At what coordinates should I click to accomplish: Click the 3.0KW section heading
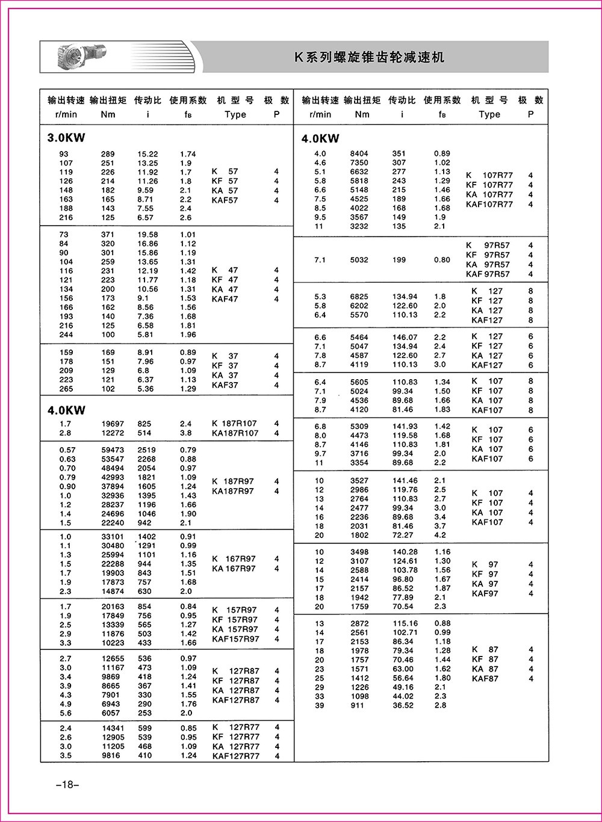click(66, 137)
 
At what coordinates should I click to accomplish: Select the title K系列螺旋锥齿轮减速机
click(369, 57)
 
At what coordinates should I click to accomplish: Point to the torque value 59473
click(113, 450)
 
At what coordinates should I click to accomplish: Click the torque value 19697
click(113, 424)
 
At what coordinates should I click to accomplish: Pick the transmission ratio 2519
click(146, 450)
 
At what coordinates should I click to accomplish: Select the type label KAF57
click(225, 200)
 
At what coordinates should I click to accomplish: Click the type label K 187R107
click(235, 424)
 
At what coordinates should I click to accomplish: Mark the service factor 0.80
click(442, 260)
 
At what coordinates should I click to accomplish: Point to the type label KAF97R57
click(488, 274)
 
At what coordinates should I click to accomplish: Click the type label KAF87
click(485, 679)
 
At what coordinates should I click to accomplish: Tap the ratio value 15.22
click(147, 154)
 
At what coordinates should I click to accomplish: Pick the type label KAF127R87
click(235, 700)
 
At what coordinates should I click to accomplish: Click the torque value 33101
click(113, 537)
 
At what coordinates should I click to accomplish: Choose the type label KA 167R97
click(234, 569)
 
